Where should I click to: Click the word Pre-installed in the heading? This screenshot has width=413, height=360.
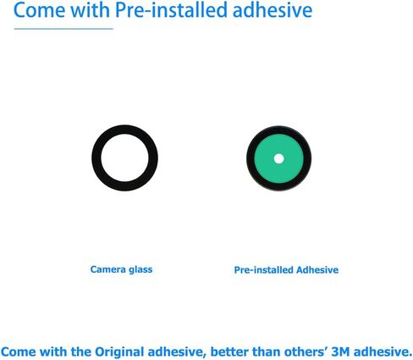coord(165,11)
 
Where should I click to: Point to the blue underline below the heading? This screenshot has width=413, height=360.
coord(64,29)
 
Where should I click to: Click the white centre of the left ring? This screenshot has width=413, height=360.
coord(124,158)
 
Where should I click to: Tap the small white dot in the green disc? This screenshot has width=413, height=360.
coord(278,158)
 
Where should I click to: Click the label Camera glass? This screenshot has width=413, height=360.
coord(121,269)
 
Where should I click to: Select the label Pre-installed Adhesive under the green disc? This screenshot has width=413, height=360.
coord(286,270)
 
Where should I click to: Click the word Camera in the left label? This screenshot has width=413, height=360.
coord(107,269)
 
